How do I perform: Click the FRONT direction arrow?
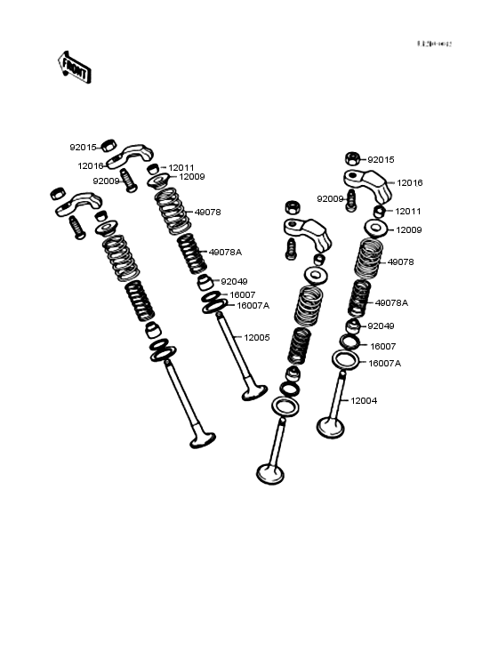[x=74, y=68]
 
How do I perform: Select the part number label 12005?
[x=257, y=338]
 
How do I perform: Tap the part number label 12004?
[x=363, y=401]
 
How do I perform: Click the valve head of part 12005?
[x=254, y=391]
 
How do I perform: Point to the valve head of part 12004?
[x=331, y=426]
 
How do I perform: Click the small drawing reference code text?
[x=435, y=44]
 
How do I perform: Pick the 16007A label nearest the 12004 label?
[x=384, y=363]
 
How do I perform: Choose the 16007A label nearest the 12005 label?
[x=253, y=305]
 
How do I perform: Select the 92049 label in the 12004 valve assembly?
[x=381, y=326]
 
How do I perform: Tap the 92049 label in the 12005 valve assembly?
[x=235, y=281]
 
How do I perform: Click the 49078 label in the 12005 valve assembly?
[x=207, y=213]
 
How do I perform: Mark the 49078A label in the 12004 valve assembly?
[x=391, y=302]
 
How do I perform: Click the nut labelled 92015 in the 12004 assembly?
[x=352, y=159]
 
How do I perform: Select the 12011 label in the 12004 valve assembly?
[x=408, y=212]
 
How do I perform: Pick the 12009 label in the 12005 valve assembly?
[x=192, y=177]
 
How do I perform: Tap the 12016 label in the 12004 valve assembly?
[x=409, y=182]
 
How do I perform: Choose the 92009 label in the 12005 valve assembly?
[x=106, y=181]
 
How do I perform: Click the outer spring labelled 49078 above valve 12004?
[x=369, y=259]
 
